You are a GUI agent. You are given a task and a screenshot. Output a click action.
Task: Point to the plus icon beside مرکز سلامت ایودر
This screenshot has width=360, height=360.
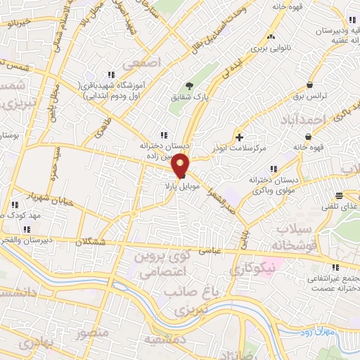click(x=240, y=136)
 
